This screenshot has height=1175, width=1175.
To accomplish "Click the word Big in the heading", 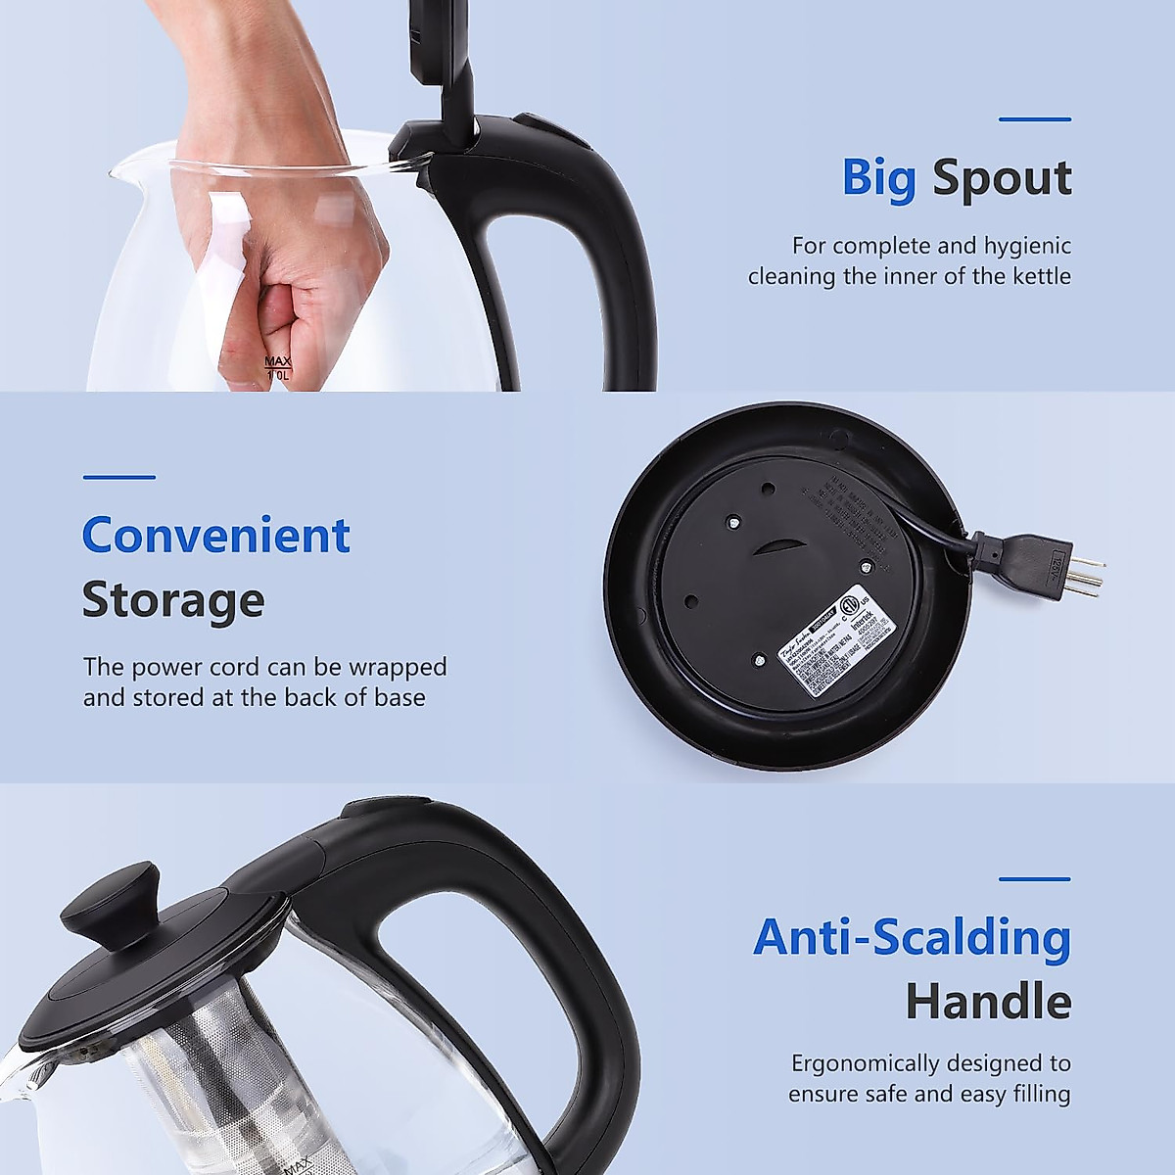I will click(x=878, y=179).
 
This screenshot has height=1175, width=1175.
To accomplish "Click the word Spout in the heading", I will click(x=1001, y=179).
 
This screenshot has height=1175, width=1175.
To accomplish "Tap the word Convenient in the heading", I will click(x=215, y=535).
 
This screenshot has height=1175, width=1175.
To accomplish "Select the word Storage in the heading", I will click(x=172, y=599).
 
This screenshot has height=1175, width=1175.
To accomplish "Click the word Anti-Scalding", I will click(x=912, y=937).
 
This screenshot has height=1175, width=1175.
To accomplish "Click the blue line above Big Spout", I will click(x=1034, y=119).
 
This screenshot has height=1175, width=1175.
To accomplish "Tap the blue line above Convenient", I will click(x=118, y=478).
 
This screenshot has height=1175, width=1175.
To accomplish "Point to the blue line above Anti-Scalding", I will click(x=1034, y=879).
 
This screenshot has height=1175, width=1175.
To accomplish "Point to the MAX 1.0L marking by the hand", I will click(x=278, y=368).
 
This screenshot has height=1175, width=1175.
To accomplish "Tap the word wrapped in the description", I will click(x=399, y=667).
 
